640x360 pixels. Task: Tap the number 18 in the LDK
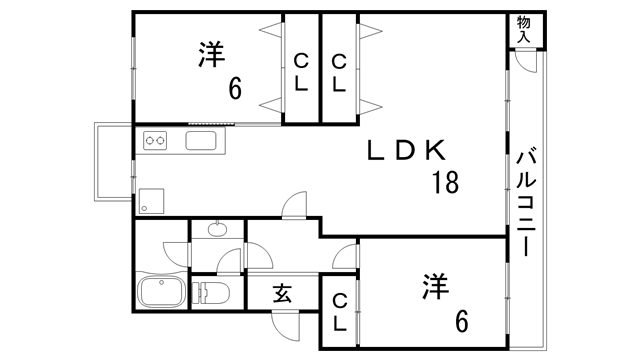tap(445, 183)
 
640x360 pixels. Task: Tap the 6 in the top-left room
tap(236, 89)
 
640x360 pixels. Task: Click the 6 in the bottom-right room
tap(461, 321)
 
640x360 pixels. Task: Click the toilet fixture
tap(213, 292)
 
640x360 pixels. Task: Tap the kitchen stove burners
tap(157, 141)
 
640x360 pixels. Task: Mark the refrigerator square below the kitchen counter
tap(151, 199)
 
